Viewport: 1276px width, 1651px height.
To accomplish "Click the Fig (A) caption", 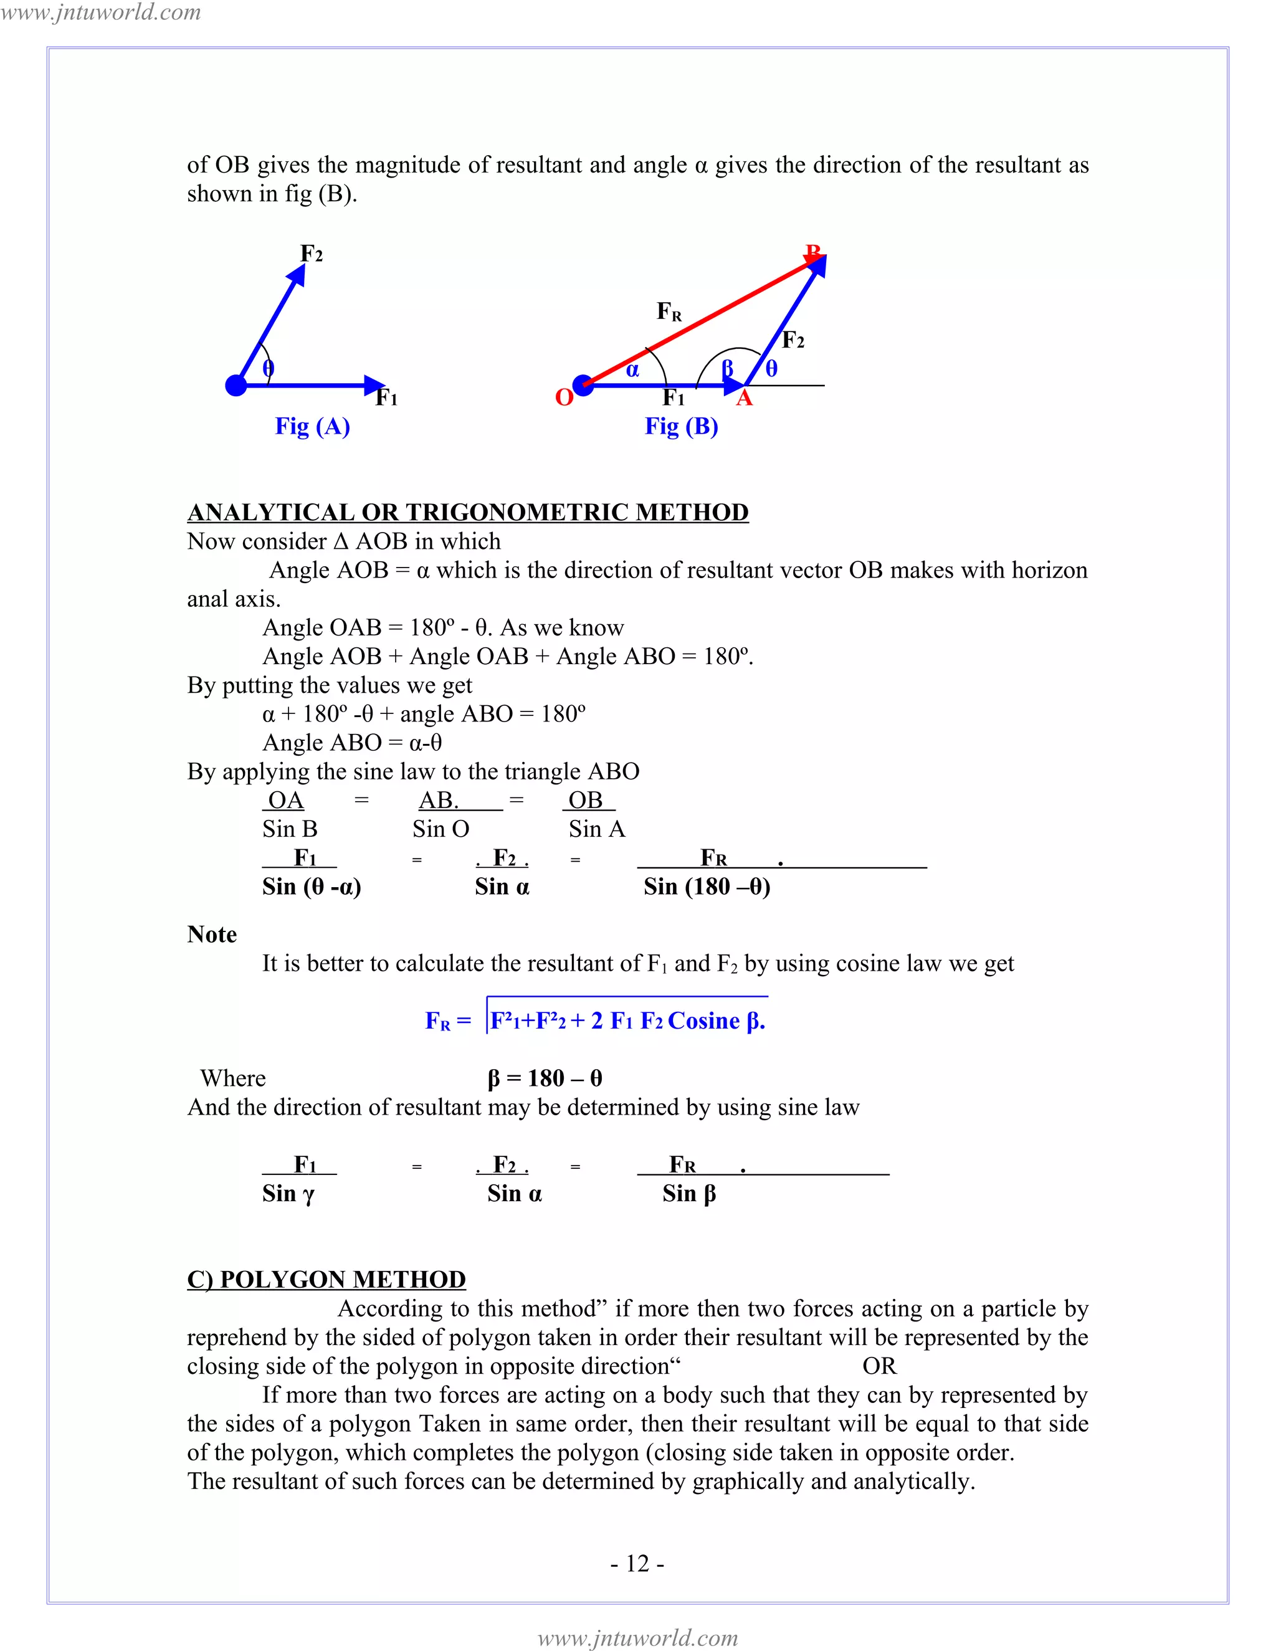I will (x=312, y=426).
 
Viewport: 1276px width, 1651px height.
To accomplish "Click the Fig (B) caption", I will (x=681, y=426).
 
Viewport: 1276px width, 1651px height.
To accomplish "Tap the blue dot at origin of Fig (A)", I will (x=237, y=386).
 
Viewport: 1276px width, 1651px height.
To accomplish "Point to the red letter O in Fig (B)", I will (x=564, y=397).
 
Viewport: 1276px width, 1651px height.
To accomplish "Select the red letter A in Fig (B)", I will (x=745, y=398).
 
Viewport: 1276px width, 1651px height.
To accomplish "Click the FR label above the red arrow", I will (x=669, y=311).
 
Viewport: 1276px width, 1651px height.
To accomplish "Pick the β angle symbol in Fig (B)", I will (x=728, y=368).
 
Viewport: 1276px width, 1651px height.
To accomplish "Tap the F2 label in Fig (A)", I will (x=312, y=253).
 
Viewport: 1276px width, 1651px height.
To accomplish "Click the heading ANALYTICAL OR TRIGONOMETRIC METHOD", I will (x=468, y=513).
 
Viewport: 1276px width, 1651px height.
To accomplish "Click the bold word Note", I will (x=212, y=935).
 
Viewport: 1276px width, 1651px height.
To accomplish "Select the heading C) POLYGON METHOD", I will (x=326, y=1279).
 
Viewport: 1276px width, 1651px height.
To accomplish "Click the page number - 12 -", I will (x=637, y=1563).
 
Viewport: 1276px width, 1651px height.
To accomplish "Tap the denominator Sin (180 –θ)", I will (x=707, y=887).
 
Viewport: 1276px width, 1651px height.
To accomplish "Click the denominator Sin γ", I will (x=288, y=1194).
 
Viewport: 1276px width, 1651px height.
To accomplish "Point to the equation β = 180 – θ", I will (x=545, y=1078).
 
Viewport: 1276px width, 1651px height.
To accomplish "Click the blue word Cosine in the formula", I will (x=704, y=1021).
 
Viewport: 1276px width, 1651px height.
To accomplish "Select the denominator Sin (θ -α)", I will (x=312, y=887).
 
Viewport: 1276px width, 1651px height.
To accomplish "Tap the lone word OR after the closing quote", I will (x=879, y=1366).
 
